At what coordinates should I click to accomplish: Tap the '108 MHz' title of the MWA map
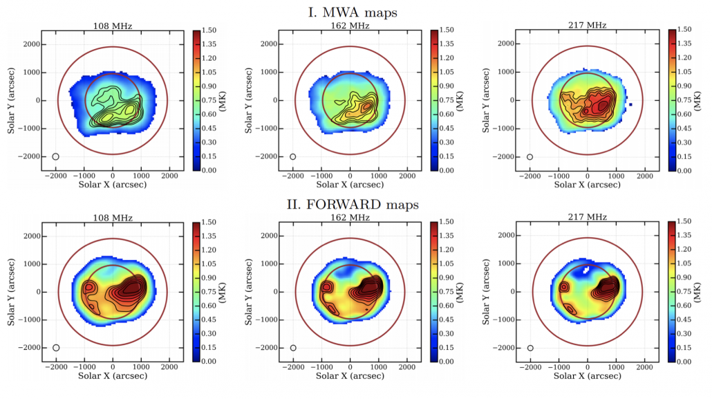[113, 26]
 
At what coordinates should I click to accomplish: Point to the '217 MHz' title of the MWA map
[587, 26]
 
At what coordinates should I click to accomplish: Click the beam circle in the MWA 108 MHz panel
[56, 157]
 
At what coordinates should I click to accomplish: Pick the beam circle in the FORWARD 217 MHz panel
[530, 349]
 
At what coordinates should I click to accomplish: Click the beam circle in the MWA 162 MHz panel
[293, 157]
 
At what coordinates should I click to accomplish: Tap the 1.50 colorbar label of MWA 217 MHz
[691, 30]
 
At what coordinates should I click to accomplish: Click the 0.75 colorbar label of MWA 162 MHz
[453, 100]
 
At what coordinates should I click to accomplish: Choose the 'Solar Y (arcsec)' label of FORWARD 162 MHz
[248, 292]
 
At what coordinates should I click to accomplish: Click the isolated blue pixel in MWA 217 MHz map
[631, 104]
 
